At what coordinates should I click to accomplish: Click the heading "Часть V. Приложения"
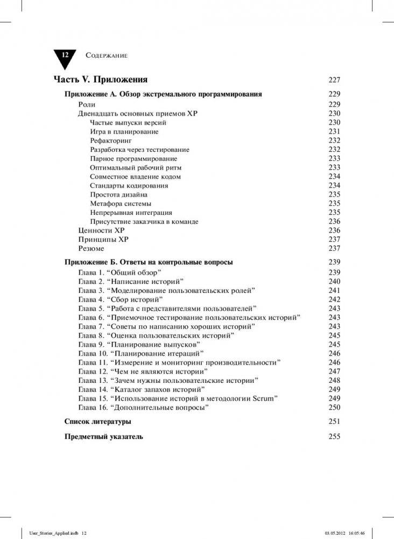[100, 80]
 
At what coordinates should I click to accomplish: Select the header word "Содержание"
[106, 55]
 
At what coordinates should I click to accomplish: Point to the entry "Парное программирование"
[133, 159]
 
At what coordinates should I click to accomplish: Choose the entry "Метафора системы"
[121, 204]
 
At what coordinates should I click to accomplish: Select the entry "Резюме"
[91, 249]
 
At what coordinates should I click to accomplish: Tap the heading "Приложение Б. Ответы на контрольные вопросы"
[149, 262]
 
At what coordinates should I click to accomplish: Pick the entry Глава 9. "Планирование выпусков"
[139, 345]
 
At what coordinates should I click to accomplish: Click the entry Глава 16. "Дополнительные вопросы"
[144, 408]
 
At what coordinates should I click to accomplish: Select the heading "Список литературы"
[97, 422]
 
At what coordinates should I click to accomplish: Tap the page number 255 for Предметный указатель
[334, 437]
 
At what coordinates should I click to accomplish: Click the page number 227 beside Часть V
[334, 80]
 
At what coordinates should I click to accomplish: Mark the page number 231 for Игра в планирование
[334, 132]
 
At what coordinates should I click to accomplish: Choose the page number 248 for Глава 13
[334, 381]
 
